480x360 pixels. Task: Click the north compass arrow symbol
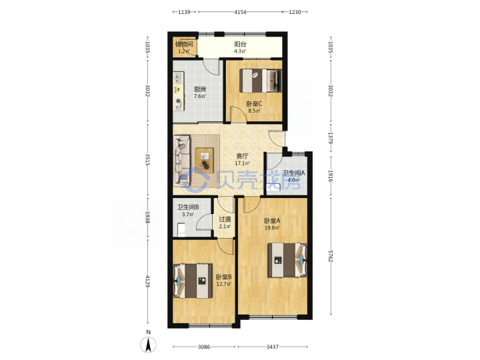148,345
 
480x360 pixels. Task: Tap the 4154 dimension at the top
240,12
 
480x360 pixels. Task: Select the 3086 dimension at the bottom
204,347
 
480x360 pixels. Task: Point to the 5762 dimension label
330,256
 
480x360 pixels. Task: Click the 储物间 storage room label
184,44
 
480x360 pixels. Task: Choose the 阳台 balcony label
240,44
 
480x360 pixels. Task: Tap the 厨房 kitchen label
199,89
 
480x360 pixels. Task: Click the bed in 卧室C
260,81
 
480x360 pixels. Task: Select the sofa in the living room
182,161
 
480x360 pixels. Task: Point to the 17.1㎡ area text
242,163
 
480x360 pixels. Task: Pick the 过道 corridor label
225,219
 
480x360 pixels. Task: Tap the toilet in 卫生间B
181,229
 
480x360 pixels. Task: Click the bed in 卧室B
193,281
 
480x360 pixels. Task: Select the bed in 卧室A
287,260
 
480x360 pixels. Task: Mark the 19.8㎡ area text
272,228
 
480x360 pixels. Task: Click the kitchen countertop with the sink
178,91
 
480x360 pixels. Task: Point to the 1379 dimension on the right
330,138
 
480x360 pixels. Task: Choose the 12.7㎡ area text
224,284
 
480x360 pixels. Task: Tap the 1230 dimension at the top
295,12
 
